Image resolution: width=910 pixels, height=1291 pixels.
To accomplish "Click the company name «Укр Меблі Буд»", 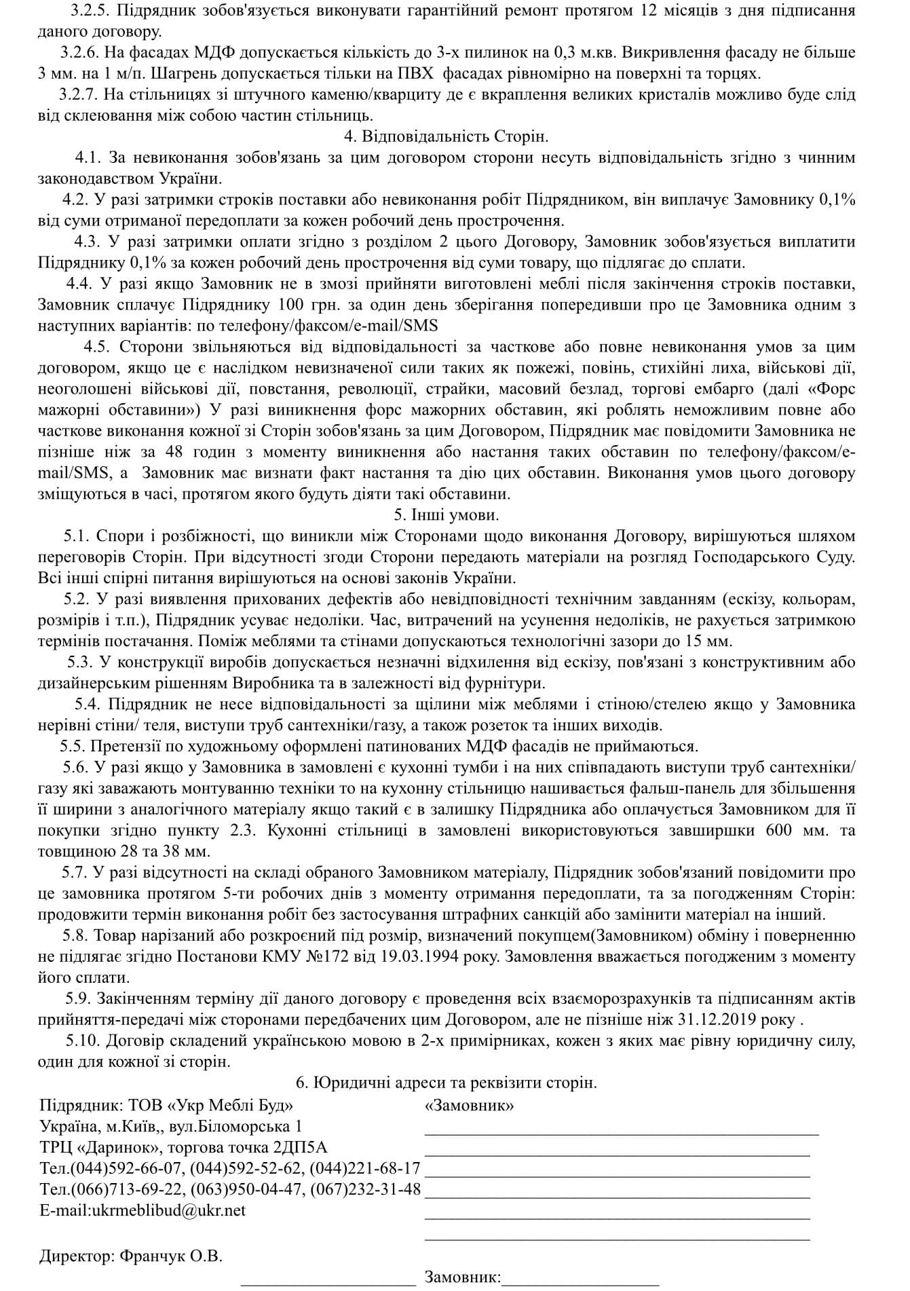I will pyautogui.click(x=231, y=1105).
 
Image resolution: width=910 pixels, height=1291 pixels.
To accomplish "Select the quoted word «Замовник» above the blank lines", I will pyautogui.click(x=469, y=1105).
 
